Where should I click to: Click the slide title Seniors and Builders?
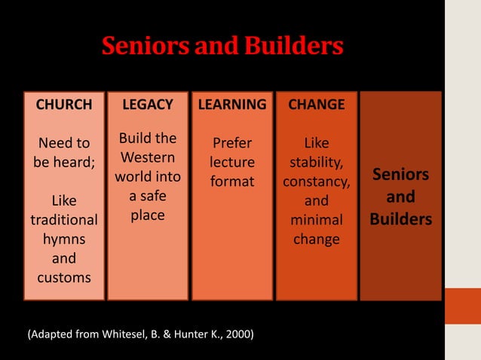click(x=222, y=47)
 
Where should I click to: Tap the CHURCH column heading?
click(x=64, y=104)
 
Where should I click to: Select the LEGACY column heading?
click(x=148, y=104)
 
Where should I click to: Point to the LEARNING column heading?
click(x=231, y=104)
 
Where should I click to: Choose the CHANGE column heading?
click(x=316, y=104)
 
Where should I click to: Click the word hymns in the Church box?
click(x=64, y=239)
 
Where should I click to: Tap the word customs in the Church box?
click(x=64, y=277)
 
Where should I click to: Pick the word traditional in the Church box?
click(x=64, y=221)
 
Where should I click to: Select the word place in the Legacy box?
click(x=148, y=215)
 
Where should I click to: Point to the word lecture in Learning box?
click(x=231, y=163)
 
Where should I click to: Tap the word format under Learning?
click(x=231, y=182)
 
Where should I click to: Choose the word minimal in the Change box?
click(x=316, y=221)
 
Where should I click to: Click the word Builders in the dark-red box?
click(x=400, y=219)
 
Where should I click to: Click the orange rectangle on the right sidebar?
click(x=462, y=305)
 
